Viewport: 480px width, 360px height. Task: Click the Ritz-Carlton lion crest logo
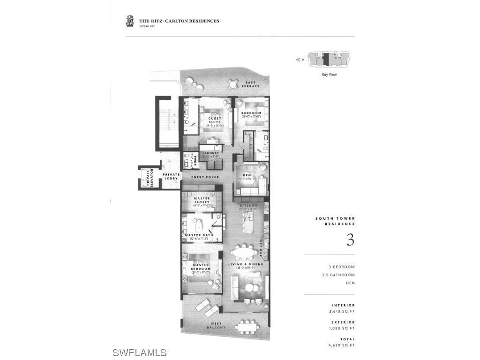point(130,21)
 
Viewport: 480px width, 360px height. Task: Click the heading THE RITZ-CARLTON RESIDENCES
point(179,21)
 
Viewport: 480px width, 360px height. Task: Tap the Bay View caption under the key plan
point(329,75)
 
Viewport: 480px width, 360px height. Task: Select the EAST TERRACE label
point(250,84)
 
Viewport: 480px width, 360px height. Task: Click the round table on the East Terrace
point(232,84)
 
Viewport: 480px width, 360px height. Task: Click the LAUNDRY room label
point(211,153)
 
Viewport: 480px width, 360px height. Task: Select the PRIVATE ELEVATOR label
point(149,179)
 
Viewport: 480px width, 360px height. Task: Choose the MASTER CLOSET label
point(202,201)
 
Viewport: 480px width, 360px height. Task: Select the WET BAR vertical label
point(261,248)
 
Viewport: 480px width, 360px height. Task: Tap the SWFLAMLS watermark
point(140,352)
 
